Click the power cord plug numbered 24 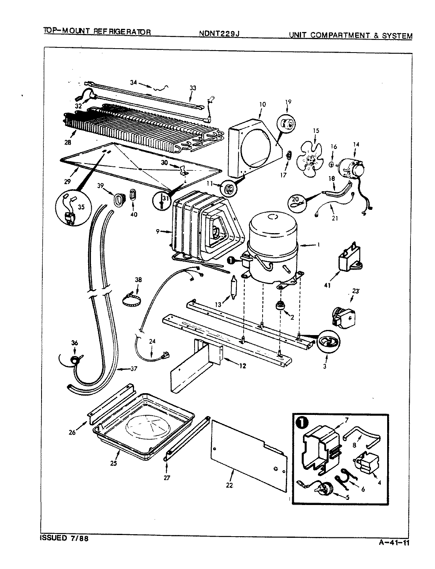coord(163,357)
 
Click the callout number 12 coord(242,366)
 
